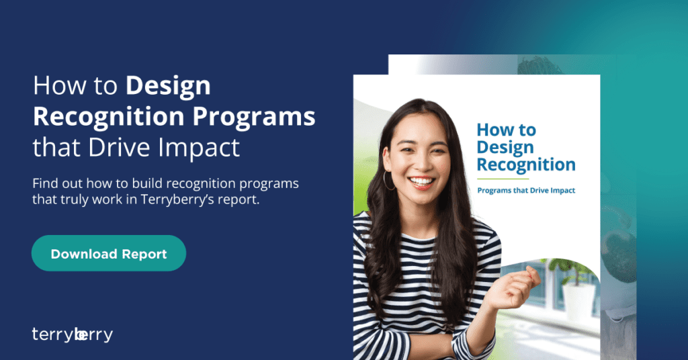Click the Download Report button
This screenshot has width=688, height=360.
tap(109, 253)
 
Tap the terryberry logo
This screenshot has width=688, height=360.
tap(73, 334)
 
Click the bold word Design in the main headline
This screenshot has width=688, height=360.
tap(168, 86)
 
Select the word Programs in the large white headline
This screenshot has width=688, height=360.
tap(254, 117)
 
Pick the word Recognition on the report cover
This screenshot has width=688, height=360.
tap(526, 165)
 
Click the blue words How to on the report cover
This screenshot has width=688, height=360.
tap(507, 130)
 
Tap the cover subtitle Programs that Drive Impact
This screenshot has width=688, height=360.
tap(526, 190)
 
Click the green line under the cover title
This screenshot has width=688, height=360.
tap(503, 179)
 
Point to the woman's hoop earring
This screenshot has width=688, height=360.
tap(389, 181)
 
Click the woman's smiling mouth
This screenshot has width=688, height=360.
tap(422, 181)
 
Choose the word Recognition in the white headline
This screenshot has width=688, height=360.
tap(108, 117)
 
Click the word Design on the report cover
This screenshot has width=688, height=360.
tap(505, 148)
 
